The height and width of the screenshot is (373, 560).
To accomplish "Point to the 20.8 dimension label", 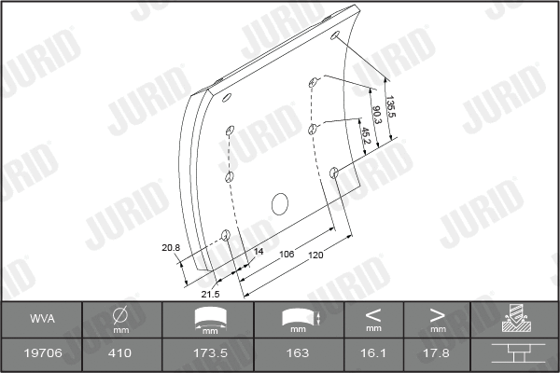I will point(170,247).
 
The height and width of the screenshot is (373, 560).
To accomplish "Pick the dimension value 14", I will point(259,253).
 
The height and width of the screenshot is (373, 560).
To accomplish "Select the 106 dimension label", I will point(288,253).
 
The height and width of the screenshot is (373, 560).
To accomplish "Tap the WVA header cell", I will point(42,320).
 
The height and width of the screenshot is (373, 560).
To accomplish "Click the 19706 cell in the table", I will point(42,354).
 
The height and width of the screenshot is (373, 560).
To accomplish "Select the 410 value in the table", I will point(120,354).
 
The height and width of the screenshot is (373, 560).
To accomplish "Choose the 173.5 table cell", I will point(207,354).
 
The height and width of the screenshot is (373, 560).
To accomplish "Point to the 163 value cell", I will point(298,354).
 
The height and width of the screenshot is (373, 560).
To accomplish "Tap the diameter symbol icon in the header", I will point(120,315).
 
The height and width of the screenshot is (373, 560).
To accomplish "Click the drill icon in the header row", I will point(514,319).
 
